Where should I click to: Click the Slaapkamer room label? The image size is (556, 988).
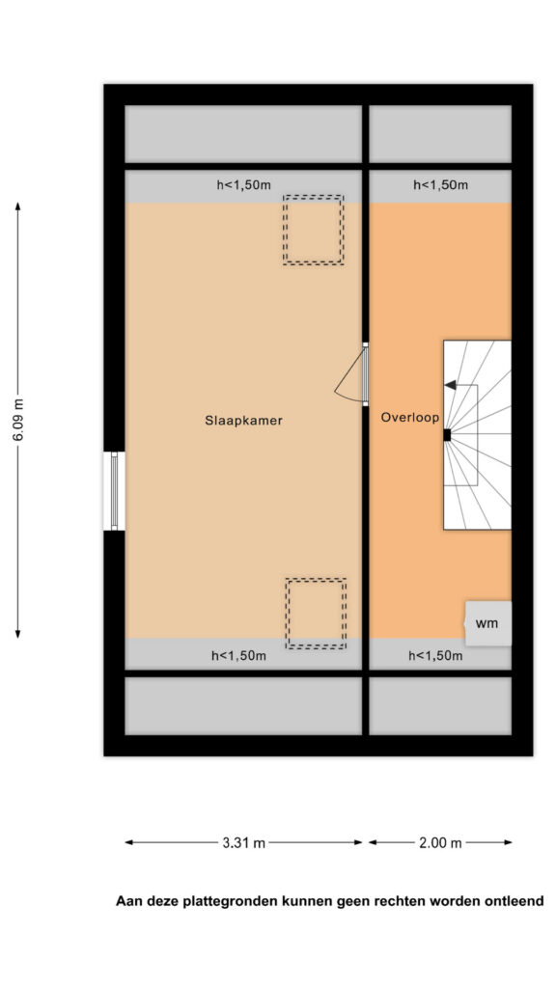(243, 421)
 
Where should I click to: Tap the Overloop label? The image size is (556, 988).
(409, 417)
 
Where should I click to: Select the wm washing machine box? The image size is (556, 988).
(488, 623)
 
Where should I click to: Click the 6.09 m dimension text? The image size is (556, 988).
(18, 421)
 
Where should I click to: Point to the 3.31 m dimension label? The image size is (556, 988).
(243, 843)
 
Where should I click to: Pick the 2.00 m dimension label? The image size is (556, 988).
(440, 843)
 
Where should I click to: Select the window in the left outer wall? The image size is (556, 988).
(114, 491)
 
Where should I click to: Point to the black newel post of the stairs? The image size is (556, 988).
(447, 435)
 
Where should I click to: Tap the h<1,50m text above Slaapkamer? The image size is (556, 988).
(243, 185)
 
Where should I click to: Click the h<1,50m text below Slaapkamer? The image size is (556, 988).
(239, 656)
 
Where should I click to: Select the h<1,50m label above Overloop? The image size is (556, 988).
(440, 185)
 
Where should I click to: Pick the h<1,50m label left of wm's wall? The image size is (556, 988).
(435, 656)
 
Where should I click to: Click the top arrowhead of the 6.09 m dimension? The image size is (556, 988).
(18, 206)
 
